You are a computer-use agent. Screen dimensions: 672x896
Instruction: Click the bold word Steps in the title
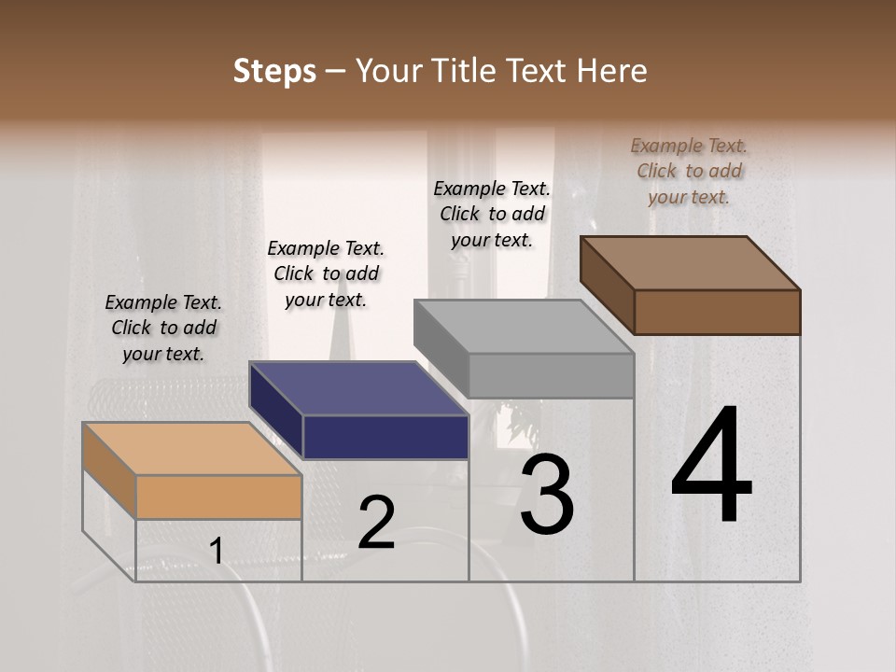tap(274, 71)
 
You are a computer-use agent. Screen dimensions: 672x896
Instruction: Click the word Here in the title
tap(612, 71)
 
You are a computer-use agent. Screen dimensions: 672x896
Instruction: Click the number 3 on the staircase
tap(547, 495)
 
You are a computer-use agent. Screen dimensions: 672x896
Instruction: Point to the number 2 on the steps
tap(376, 523)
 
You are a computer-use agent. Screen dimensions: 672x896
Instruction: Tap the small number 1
tap(217, 551)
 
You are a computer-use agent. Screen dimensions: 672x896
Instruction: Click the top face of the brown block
tap(689, 262)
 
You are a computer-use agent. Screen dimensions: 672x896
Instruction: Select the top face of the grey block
tap(523, 327)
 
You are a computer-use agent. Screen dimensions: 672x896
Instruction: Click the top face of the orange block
tap(191, 449)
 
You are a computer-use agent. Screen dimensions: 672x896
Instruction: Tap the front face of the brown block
tap(717, 312)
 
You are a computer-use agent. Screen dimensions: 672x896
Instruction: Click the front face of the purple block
tap(385, 437)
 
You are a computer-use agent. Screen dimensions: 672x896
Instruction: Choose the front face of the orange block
tap(218, 497)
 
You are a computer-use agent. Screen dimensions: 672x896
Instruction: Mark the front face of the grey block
tap(551, 375)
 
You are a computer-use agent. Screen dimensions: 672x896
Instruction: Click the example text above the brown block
tap(689, 171)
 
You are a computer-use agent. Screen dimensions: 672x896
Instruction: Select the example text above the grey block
tap(492, 214)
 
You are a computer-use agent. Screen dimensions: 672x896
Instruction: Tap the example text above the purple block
tap(326, 273)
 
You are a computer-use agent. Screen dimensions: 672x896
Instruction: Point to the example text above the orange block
tap(163, 328)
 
